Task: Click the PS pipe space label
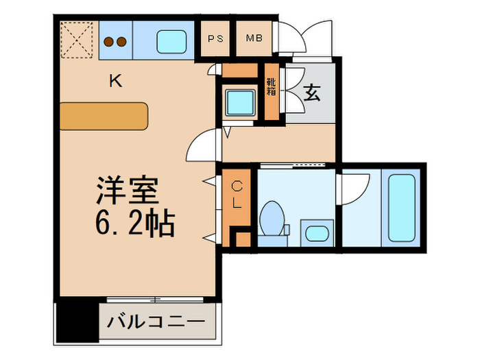[215, 39]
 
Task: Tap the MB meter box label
[254, 39]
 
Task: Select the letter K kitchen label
[116, 82]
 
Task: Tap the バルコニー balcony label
[156, 321]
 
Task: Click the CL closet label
[236, 195]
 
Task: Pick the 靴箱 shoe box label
[272, 87]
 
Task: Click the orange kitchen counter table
[104, 115]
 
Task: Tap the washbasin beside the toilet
[316, 232]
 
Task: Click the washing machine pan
[241, 101]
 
